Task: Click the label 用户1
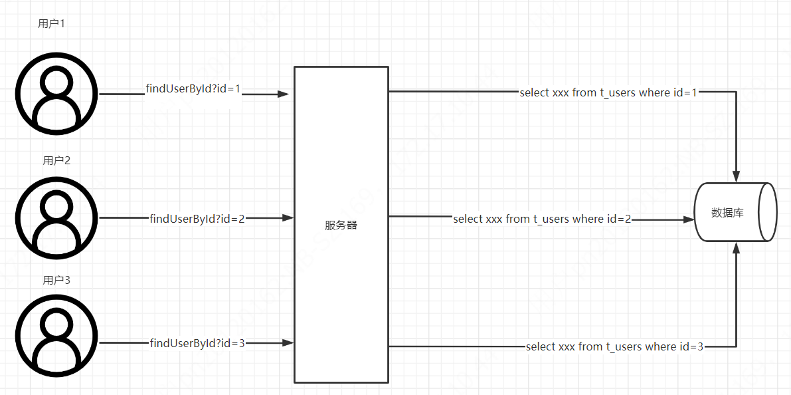pyautogui.click(x=51, y=24)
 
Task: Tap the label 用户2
pyautogui.click(x=56, y=160)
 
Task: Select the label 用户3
pyautogui.click(x=56, y=280)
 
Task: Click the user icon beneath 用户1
pyautogui.click(x=56, y=94)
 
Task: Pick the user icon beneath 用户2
pyautogui.click(x=56, y=217)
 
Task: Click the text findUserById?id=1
pyautogui.click(x=193, y=89)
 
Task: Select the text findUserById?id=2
pyautogui.click(x=197, y=218)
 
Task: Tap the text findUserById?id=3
pyautogui.click(x=197, y=343)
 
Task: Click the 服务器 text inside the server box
pyautogui.click(x=341, y=225)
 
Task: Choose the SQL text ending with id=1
pyautogui.click(x=608, y=93)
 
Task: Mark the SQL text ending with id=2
pyautogui.click(x=542, y=219)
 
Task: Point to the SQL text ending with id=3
pyautogui.click(x=614, y=346)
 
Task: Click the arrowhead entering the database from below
pyautogui.click(x=736, y=249)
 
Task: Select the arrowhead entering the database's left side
pyautogui.click(x=687, y=219)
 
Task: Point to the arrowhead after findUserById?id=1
pyautogui.click(x=284, y=94)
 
